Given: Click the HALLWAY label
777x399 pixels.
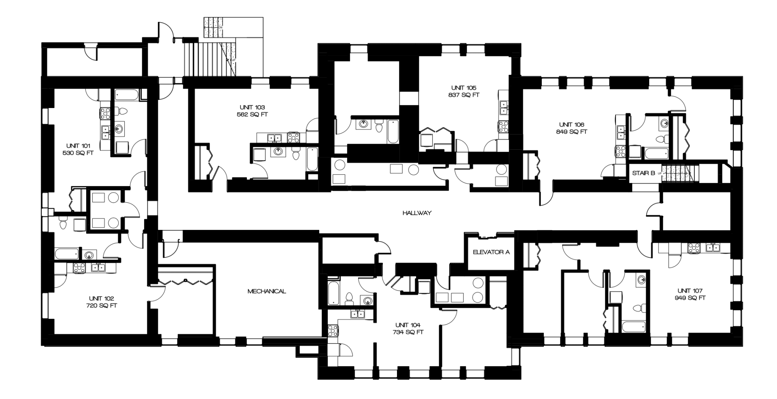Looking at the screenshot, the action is click(416, 213).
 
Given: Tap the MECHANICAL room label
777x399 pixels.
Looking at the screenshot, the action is click(267, 291).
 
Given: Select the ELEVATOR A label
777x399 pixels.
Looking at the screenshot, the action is click(491, 252).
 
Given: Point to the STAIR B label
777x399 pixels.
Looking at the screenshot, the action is click(643, 173).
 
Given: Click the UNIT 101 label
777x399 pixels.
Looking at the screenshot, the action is click(79, 146).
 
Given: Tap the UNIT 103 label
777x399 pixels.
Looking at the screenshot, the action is click(252, 107).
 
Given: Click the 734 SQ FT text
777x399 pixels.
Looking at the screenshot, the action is click(408, 332).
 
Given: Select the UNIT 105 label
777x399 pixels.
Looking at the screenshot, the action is click(464, 88).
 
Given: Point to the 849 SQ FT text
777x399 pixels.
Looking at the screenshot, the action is click(571, 132).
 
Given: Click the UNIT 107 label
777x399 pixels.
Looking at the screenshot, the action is click(690, 291).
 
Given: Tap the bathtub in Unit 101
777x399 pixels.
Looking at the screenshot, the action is click(126, 96).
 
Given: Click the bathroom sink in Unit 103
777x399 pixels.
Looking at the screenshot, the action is click(278, 152).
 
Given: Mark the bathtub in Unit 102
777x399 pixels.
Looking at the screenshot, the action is click(67, 255).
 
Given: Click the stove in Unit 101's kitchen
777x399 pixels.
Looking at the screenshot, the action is click(105, 113).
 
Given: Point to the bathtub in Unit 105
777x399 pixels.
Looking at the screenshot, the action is click(392, 132).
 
